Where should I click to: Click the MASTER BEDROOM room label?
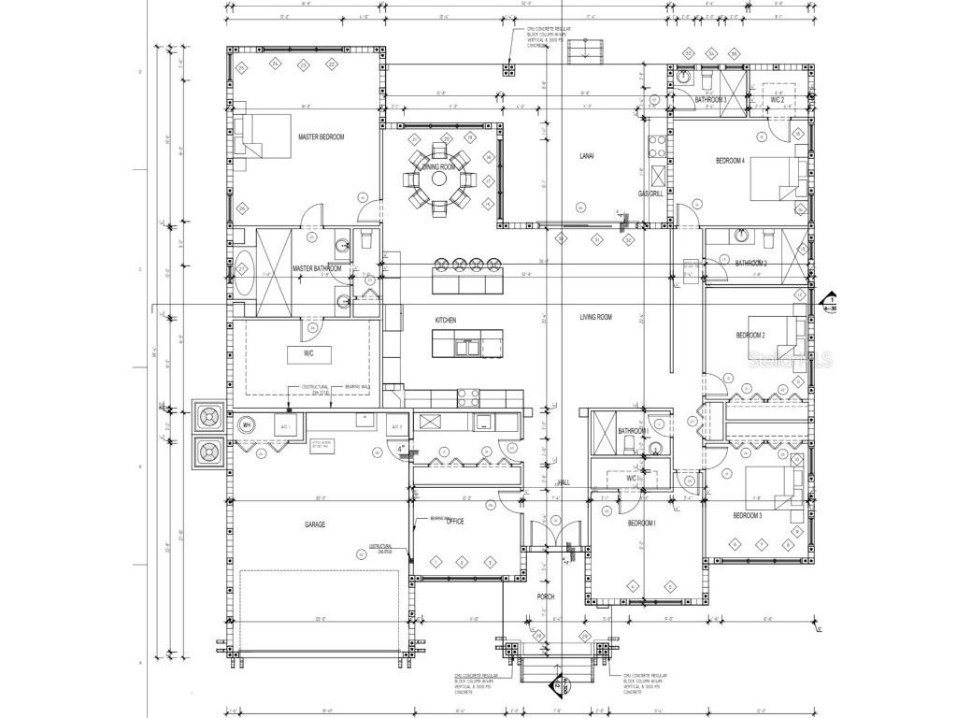point(321,137)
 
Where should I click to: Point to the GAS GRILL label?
point(650,194)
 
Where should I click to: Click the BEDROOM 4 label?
point(730,161)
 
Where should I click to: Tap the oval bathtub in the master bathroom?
point(242,273)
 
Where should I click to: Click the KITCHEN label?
point(445,321)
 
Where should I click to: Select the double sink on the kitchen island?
point(464,348)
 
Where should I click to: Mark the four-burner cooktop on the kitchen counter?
point(468,398)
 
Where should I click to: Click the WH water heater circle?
point(248,424)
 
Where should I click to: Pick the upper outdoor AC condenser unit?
point(207,415)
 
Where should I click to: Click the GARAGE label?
point(315,524)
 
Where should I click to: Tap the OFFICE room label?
point(455,522)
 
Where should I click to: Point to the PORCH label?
point(545,596)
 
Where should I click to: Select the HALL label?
point(564,482)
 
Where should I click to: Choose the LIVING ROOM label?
point(595,318)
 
